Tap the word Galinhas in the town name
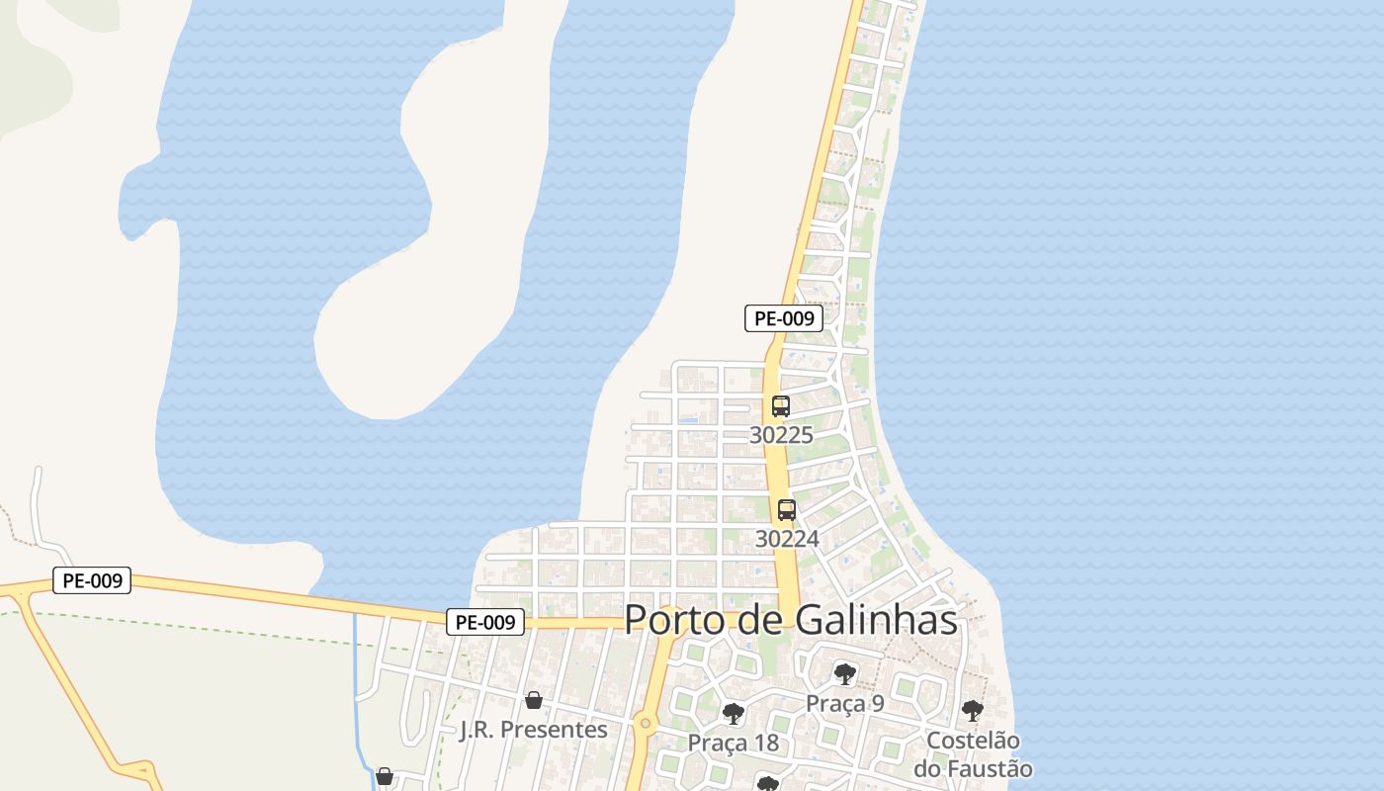pyautogui.click(x=876, y=620)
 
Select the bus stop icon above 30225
pyautogui.click(x=781, y=405)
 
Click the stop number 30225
pyautogui.click(x=781, y=434)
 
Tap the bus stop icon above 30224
pyautogui.click(x=787, y=510)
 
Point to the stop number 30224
pyautogui.click(x=787, y=539)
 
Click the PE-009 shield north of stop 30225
pyautogui.click(x=783, y=318)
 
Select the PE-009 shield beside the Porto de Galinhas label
pyautogui.click(x=484, y=622)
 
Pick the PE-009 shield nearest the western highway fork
pyautogui.click(x=92, y=580)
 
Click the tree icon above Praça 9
pyautogui.click(x=844, y=674)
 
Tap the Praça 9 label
pyautogui.click(x=844, y=703)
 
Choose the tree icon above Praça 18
pyautogui.click(x=734, y=714)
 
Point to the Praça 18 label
pyautogui.click(x=734, y=743)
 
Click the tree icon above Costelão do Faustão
pyautogui.click(x=973, y=711)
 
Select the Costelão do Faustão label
pyautogui.click(x=973, y=754)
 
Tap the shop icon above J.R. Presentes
pyautogui.click(x=534, y=700)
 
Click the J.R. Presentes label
pyautogui.click(x=534, y=730)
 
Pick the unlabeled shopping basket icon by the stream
pyautogui.click(x=385, y=776)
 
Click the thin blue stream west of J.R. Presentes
pyautogui.click(x=356, y=672)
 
